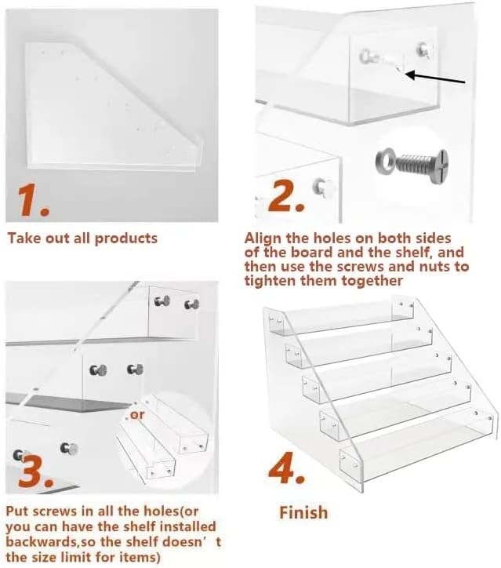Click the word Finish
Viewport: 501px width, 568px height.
point(303,512)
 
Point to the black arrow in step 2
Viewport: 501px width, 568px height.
point(436,78)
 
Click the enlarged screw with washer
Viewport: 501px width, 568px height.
point(411,162)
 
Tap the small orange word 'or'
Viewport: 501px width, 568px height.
point(137,414)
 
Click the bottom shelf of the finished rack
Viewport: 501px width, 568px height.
point(416,449)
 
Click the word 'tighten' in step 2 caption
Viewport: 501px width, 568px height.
point(271,281)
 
